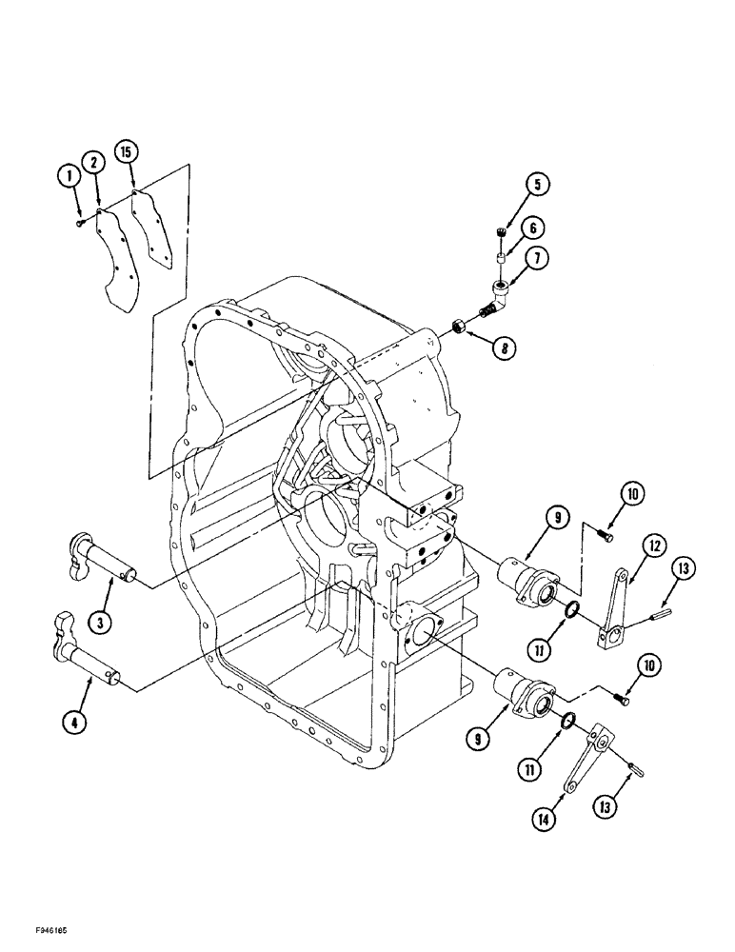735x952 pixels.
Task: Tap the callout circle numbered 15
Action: click(125, 151)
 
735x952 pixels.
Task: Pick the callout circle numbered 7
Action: click(540, 257)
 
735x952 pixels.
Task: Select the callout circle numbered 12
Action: click(626, 545)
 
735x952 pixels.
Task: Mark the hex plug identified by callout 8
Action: click(456, 327)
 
